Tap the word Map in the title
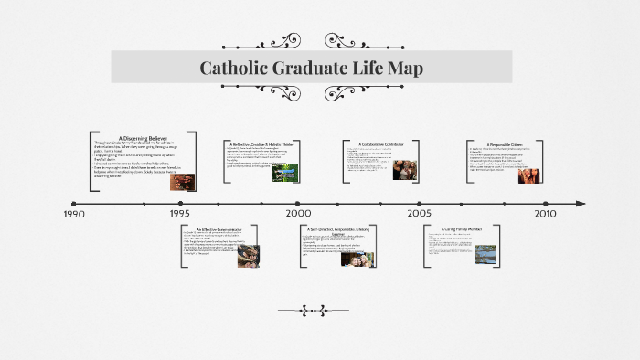(x=402, y=68)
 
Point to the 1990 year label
(x=74, y=214)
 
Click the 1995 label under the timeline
(x=180, y=214)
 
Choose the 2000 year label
(x=298, y=214)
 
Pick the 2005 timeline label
(x=420, y=214)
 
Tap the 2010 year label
(x=545, y=214)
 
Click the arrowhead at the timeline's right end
(x=579, y=203)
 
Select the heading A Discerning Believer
(x=144, y=138)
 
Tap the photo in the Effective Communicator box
(x=248, y=257)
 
